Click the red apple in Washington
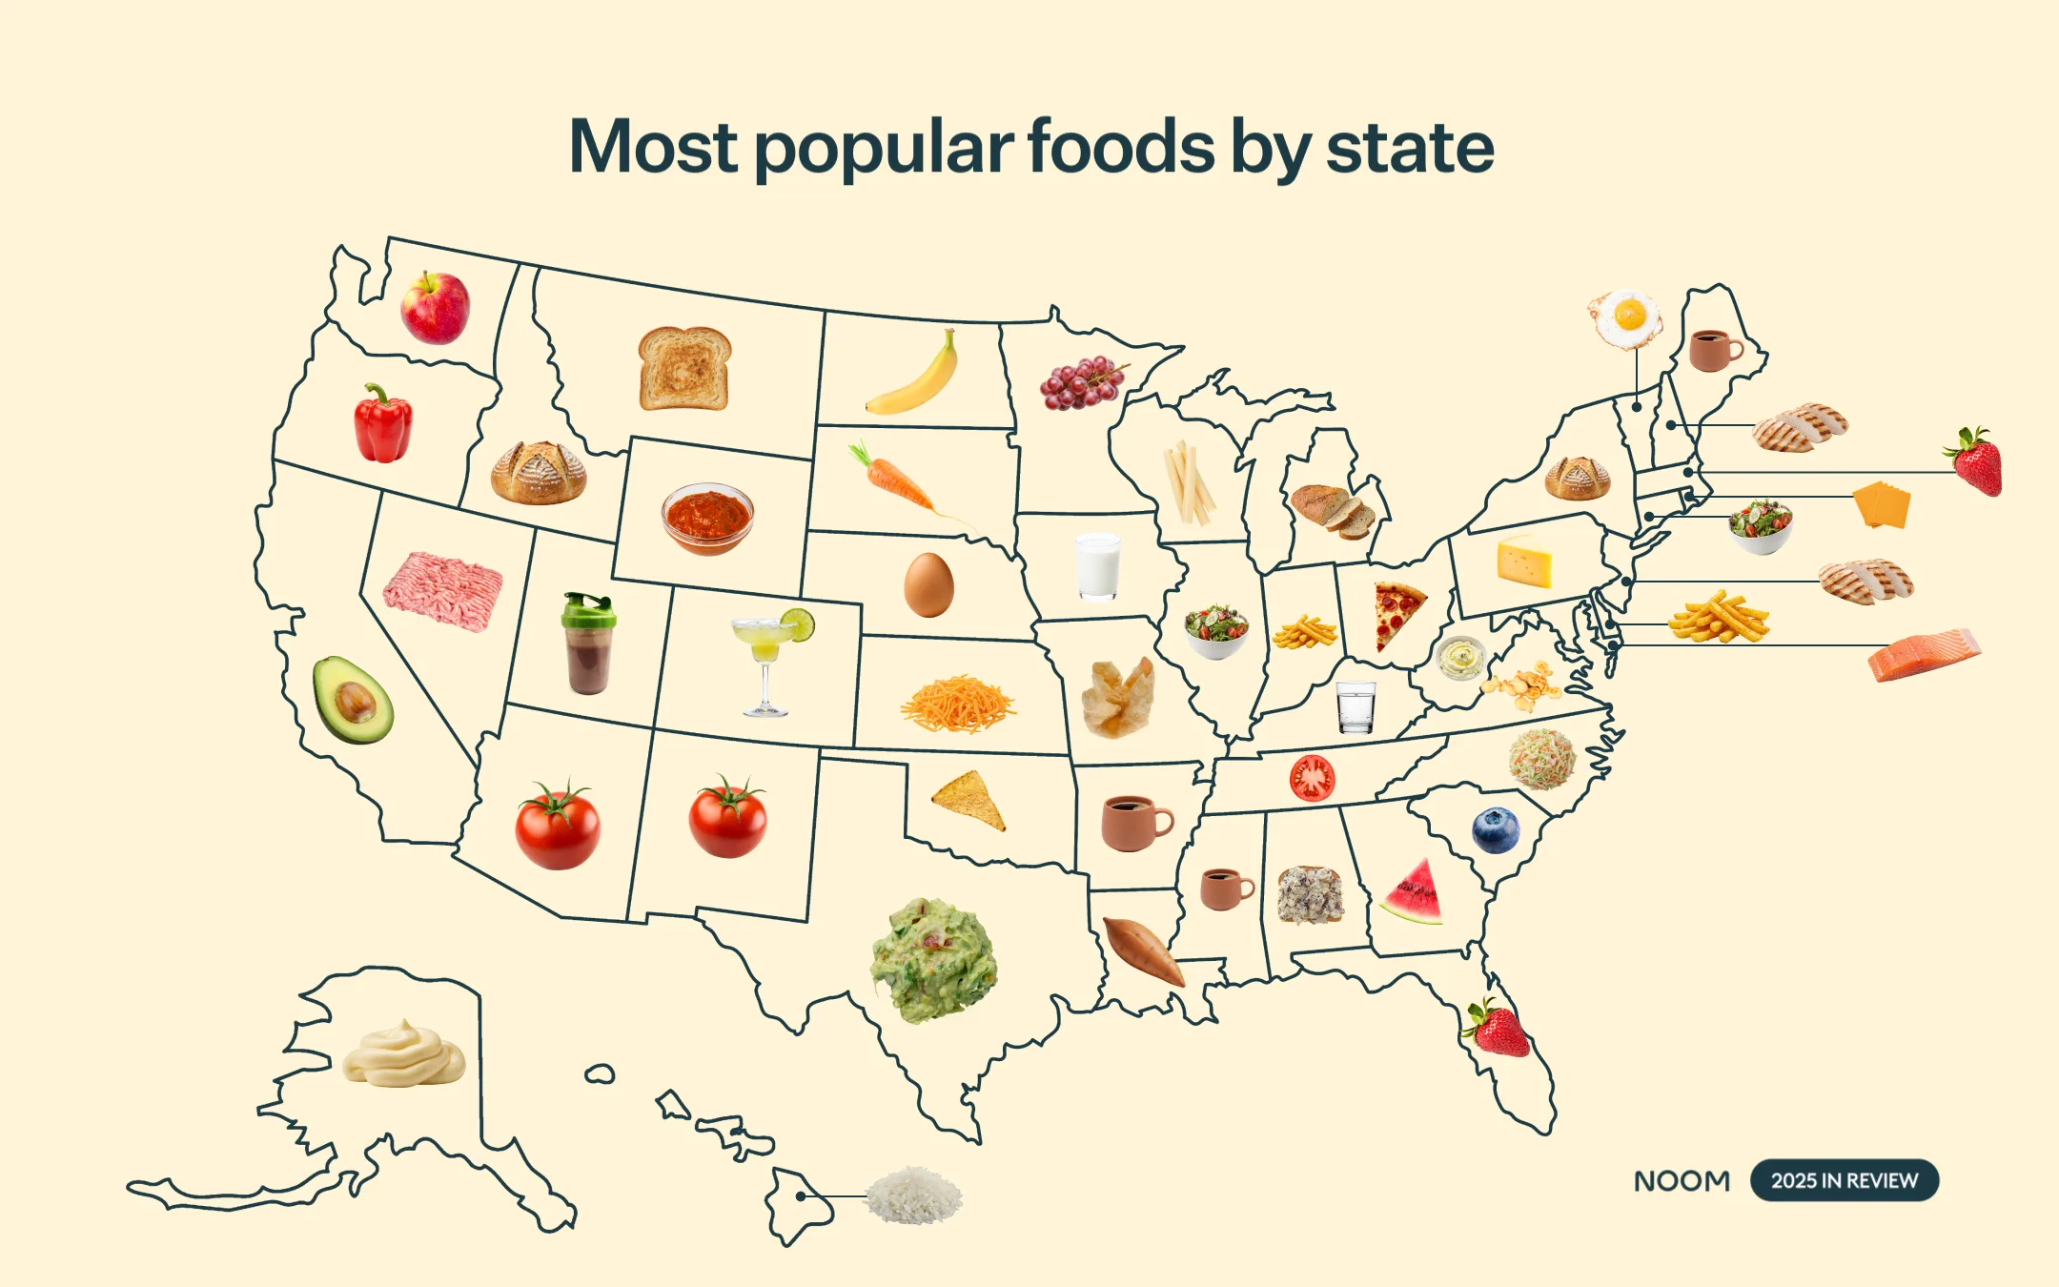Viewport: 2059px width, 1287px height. click(435, 307)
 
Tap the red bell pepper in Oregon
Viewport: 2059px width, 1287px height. click(383, 425)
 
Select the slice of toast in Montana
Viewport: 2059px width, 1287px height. click(684, 368)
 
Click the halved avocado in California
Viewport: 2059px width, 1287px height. click(352, 700)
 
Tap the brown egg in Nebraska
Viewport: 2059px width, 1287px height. click(928, 584)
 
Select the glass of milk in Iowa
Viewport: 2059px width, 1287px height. click(1098, 566)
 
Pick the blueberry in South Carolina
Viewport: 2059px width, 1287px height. click(1496, 829)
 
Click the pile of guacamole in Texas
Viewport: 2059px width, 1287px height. click(934, 960)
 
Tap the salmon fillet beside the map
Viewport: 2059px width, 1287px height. click(1923, 655)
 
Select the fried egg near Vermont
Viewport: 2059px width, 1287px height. click(1625, 318)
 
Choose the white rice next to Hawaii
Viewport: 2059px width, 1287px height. click(913, 1195)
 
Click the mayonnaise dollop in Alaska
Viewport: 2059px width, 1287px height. click(404, 1054)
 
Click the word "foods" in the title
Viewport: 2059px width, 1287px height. click(1121, 148)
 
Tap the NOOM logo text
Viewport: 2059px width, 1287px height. click(1682, 1181)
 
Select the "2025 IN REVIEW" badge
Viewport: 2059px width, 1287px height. click(1844, 1180)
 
